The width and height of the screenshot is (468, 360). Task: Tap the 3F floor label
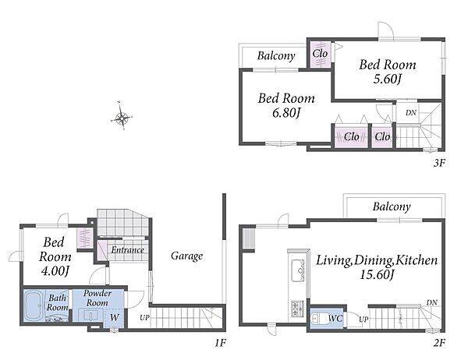click(x=439, y=163)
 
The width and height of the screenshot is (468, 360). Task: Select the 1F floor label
click(x=220, y=343)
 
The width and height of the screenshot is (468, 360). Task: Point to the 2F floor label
click(x=439, y=343)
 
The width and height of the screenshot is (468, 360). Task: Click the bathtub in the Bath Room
click(x=34, y=305)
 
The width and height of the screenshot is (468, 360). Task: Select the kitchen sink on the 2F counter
click(x=298, y=270)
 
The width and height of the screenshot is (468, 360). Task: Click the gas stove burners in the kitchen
click(x=297, y=309)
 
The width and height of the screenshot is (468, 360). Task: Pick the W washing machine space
click(x=114, y=318)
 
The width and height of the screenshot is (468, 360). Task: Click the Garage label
click(x=187, y=256)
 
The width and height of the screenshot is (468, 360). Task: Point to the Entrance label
click(x=127, y=250)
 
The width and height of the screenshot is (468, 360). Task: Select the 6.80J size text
click(x=286, y=113)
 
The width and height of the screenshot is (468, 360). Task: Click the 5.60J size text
click(x=387, y=79)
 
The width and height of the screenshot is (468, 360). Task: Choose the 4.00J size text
click(x=55, y=271)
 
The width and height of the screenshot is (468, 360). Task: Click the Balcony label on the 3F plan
click(x=276, y=56)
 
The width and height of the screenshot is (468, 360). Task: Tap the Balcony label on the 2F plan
click(x=392, y=206)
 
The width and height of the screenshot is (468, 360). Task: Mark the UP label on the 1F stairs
click(x=144, y=318)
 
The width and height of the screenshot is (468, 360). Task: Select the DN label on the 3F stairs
click(x=411, y=113)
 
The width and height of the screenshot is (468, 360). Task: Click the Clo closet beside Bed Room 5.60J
click(x=320, y=54)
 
